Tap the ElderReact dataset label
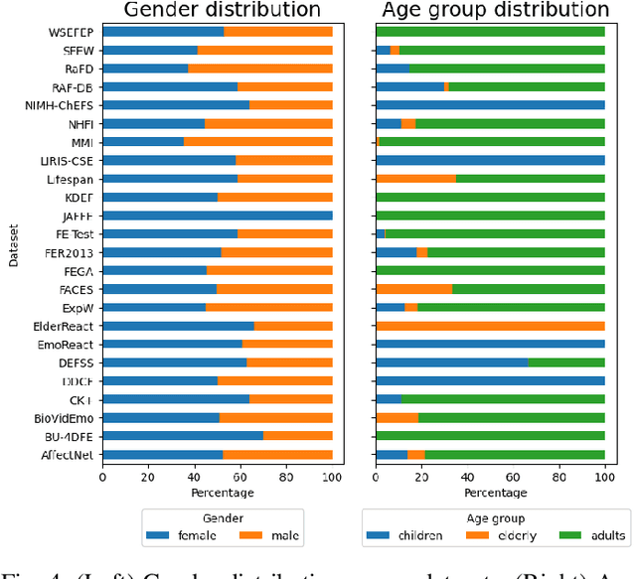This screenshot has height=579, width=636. coord(66,326)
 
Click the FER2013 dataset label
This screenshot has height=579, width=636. coord(70,252)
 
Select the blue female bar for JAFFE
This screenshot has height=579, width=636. coord(218,215)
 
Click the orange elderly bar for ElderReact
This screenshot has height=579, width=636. coord(491,326)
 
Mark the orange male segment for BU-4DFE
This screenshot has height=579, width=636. coord(298,435)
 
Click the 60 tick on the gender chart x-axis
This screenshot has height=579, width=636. coord(240,477)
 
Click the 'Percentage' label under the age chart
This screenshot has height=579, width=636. coord(491,493)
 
